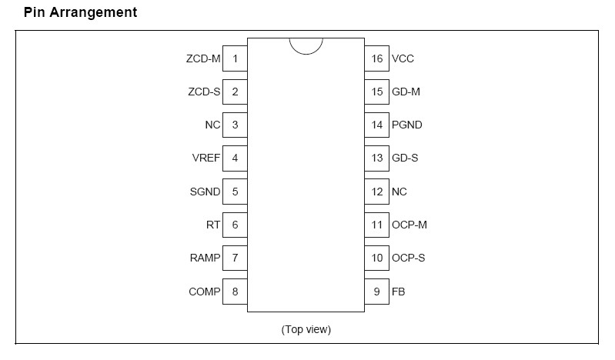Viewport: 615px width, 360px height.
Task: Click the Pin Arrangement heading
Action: point(70,13)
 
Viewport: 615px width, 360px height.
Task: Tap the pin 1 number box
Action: point(235,58)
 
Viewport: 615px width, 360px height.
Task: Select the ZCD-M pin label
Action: point(203,58)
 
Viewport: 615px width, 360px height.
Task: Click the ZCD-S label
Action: point(204,92)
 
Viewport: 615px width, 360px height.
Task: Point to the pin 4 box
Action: point(235,158)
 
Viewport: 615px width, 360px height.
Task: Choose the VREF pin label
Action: point(206,158)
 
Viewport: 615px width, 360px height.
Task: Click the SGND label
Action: point(206,192)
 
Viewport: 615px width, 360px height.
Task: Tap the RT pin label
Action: point(214,225)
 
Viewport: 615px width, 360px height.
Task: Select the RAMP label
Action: point(205,258)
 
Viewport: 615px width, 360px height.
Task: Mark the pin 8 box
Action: point(235,292)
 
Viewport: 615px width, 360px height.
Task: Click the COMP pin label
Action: point(205,292)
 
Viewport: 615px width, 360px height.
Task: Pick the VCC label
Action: point(403,58)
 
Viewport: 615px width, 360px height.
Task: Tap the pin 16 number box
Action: point(376,58)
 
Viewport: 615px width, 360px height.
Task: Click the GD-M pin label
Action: point(406,92)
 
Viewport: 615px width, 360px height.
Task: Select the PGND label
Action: point(406,125)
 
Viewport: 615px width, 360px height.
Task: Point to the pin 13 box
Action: point(376,158)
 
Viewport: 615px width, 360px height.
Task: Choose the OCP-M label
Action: point(409,225)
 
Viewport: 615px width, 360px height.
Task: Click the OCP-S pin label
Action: point(408,258)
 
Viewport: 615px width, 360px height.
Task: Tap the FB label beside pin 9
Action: point(398,292)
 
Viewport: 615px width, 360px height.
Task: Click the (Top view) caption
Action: point(306,329)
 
